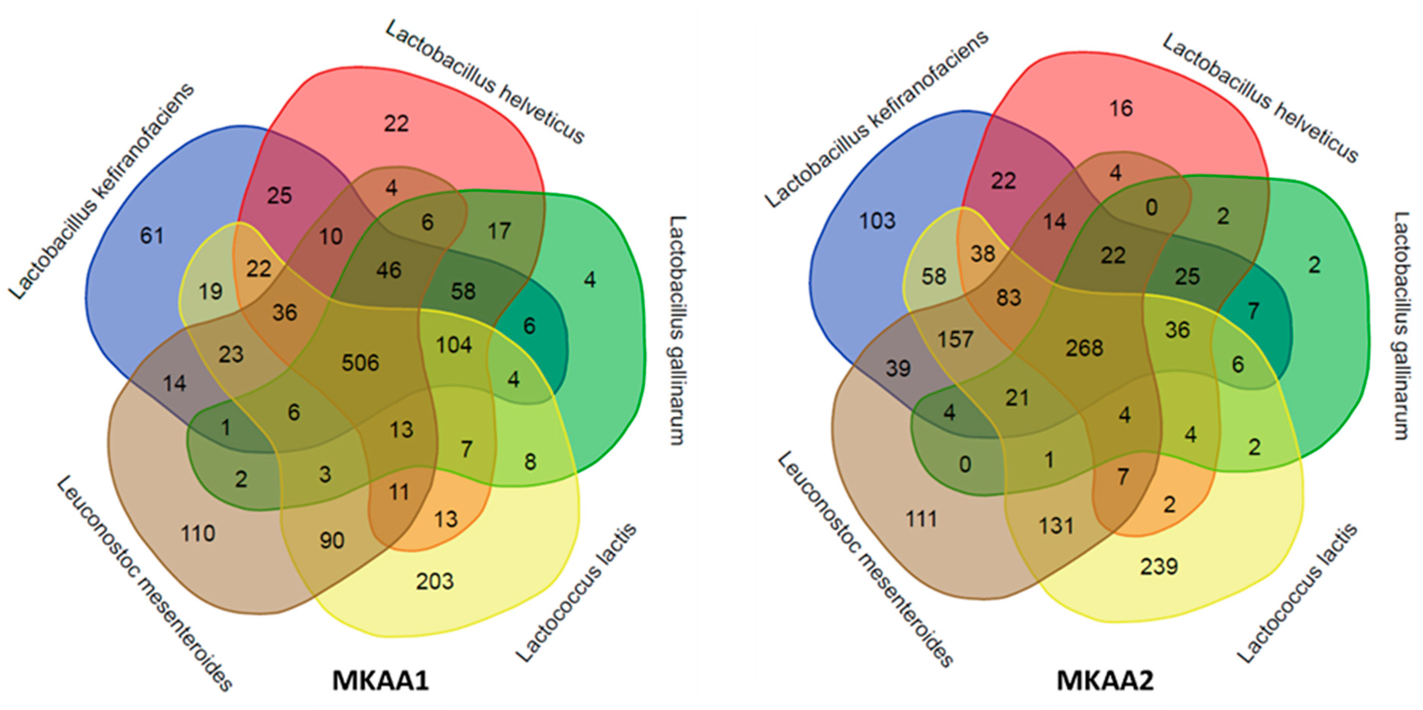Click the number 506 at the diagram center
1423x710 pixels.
pos(360,363)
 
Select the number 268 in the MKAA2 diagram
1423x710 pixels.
pos(1085,348)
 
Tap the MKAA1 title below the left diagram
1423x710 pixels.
pos(381,680)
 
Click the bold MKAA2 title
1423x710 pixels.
pos(1105,680)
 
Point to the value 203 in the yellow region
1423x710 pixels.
pos(435,581)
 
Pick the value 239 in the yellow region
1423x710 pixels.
pos(1159,566)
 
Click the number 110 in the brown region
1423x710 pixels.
pos(198,533)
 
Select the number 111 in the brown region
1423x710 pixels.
pos(921,519)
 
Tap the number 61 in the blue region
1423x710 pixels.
pos(151,236)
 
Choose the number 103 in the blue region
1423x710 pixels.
pos(877,221)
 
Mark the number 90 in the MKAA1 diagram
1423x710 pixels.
pos(332,540)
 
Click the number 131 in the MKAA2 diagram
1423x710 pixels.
pos(1056,525)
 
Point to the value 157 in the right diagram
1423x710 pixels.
pos(955,339)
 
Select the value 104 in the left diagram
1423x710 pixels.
pos(454,345)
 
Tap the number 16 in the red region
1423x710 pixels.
pos(1121,108)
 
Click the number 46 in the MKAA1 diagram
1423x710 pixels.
pos(388,270)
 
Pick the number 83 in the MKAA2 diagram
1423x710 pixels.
pos(1009,298)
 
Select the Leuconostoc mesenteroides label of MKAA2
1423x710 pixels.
pos(866,559)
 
